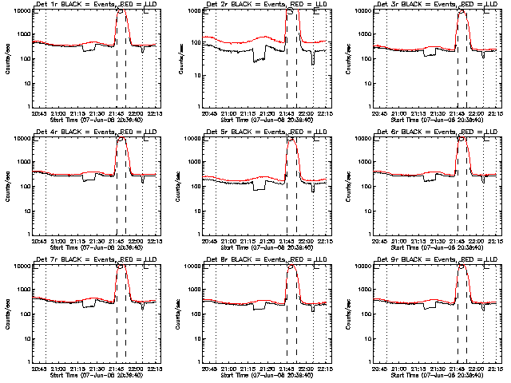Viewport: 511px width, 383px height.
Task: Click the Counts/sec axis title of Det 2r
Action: (176, 58)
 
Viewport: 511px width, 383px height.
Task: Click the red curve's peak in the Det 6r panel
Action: (461, 137)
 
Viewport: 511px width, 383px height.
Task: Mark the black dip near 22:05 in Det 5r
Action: (313, 189)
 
